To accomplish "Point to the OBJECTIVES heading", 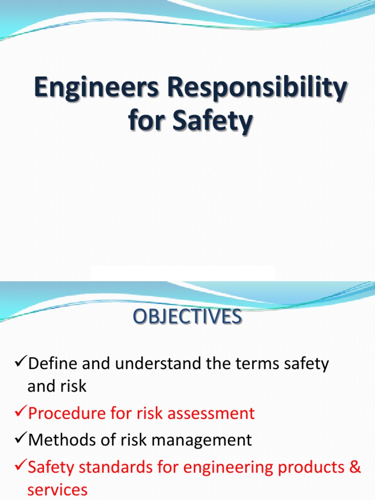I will coord(187,317).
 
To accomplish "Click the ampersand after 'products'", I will coord(355,467).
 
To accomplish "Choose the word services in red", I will coord(58,490).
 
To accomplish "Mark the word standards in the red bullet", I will coord(121,467).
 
